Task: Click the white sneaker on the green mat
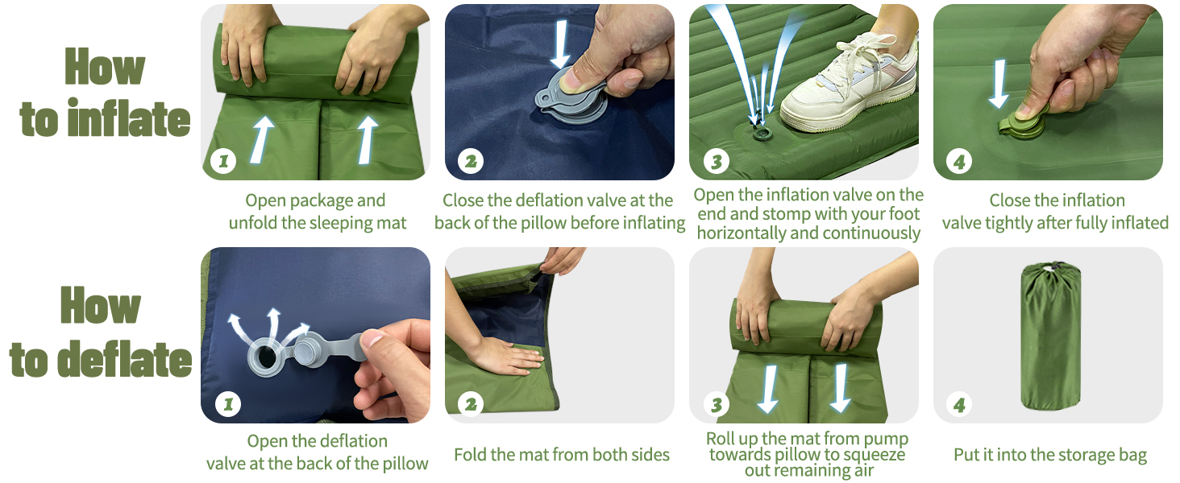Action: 848,85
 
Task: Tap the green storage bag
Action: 1050,336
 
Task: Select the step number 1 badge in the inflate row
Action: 223,161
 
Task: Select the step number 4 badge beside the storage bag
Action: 959,405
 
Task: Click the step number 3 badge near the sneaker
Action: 717,161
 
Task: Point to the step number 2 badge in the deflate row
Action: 471,405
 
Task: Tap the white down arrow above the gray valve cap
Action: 561,44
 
